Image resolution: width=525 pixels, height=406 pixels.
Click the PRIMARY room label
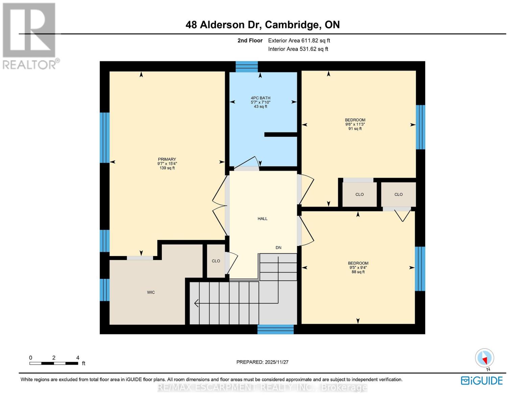167,159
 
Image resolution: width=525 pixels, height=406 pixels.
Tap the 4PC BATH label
260,98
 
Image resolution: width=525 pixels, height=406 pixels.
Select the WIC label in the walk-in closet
151,292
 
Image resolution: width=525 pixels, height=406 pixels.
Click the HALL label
262,219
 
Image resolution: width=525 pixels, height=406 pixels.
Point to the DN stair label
278,248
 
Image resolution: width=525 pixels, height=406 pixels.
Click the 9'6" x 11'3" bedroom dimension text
355,124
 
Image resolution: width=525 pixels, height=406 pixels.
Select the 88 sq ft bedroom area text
358,272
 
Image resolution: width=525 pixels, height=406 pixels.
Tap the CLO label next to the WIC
216,261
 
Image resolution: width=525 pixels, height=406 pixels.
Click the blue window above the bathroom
246,66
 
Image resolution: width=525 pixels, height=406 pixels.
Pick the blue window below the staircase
276,329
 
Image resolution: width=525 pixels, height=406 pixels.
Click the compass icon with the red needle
485,358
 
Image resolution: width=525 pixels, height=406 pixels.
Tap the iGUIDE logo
482,381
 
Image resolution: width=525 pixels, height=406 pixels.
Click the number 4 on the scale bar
78,358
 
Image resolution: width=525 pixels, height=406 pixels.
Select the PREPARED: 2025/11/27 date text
262,362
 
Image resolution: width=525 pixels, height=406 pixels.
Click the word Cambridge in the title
291,25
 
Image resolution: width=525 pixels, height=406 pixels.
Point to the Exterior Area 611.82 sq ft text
299,41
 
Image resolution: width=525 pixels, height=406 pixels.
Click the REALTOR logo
30,36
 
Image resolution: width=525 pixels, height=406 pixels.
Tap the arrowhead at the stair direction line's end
196,303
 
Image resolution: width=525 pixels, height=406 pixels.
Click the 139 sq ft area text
167,168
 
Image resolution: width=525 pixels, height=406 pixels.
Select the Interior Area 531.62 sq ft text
298,49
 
